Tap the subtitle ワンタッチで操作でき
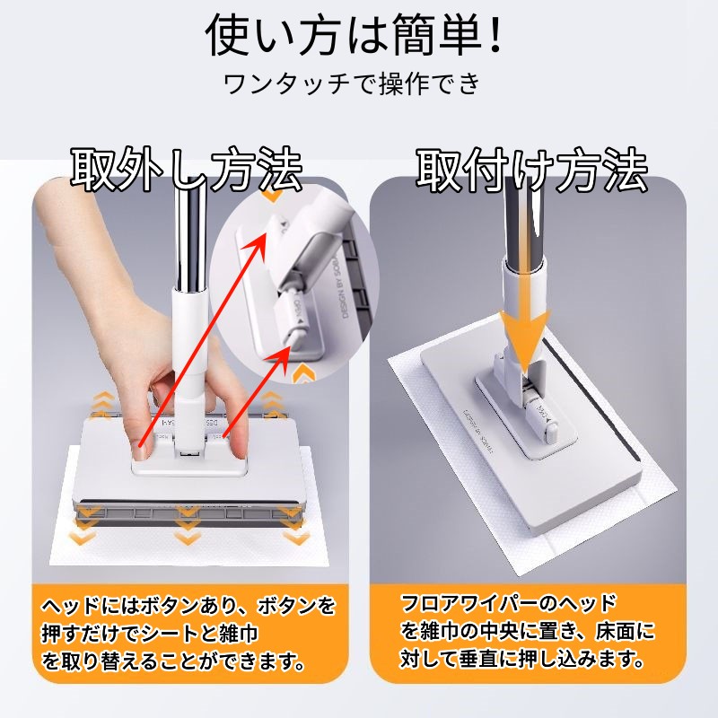tap(352, 83)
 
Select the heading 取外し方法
tap(187, 170)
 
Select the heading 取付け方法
tap(531, 170)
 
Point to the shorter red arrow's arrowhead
tap(285, 354)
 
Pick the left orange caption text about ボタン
tap(188, 635)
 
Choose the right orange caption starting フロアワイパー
tap(527, 632)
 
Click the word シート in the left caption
tap(170, 635)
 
